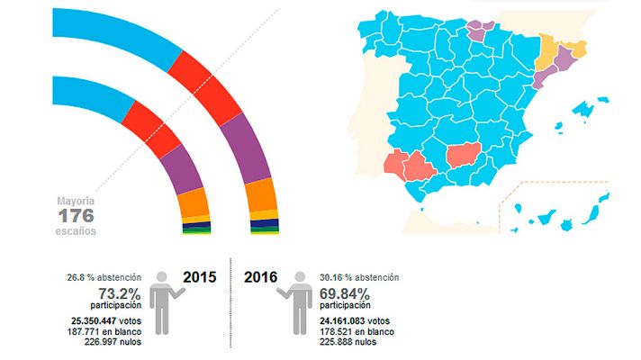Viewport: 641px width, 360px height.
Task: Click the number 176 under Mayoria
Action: coord(76,216)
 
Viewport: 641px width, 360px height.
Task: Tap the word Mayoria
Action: coord(76,201)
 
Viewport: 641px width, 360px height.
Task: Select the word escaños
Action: coord(76,231)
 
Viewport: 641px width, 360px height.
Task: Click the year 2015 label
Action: coord(199,278)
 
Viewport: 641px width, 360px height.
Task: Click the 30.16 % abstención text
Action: coord(358,277)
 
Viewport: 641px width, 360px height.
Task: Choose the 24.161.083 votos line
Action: coord(353,320)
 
